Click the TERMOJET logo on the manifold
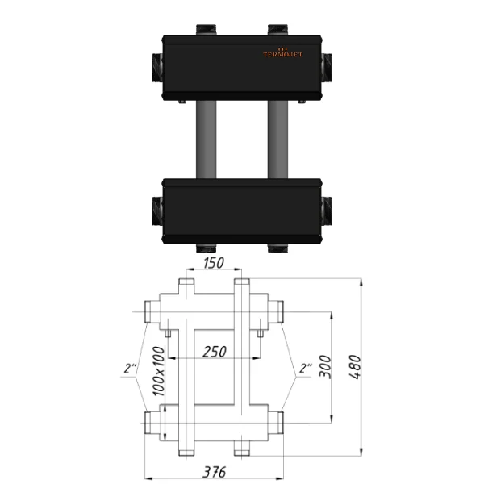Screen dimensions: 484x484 pyautogui.click(x=283, y=53)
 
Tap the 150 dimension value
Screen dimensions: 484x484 pyautogui.click(x=214, y=263)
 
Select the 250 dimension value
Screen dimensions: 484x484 pyautogui.click(x=215, y=352)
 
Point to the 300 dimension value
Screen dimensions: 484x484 pyautogui.click(x=325, y=366)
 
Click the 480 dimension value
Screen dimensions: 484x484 pyautogui.click(x=355, y=367)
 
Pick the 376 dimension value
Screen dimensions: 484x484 pyautogui.click(x=215, y=472)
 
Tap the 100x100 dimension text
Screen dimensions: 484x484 pyautogui.click(x=159, y=371)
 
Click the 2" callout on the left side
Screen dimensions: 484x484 pyautogui.click(x=130, y=369)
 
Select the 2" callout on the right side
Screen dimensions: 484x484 pyautogui.click(x=306, y=369)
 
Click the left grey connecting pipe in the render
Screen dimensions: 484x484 pyautogui.click(x=207, y=140)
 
